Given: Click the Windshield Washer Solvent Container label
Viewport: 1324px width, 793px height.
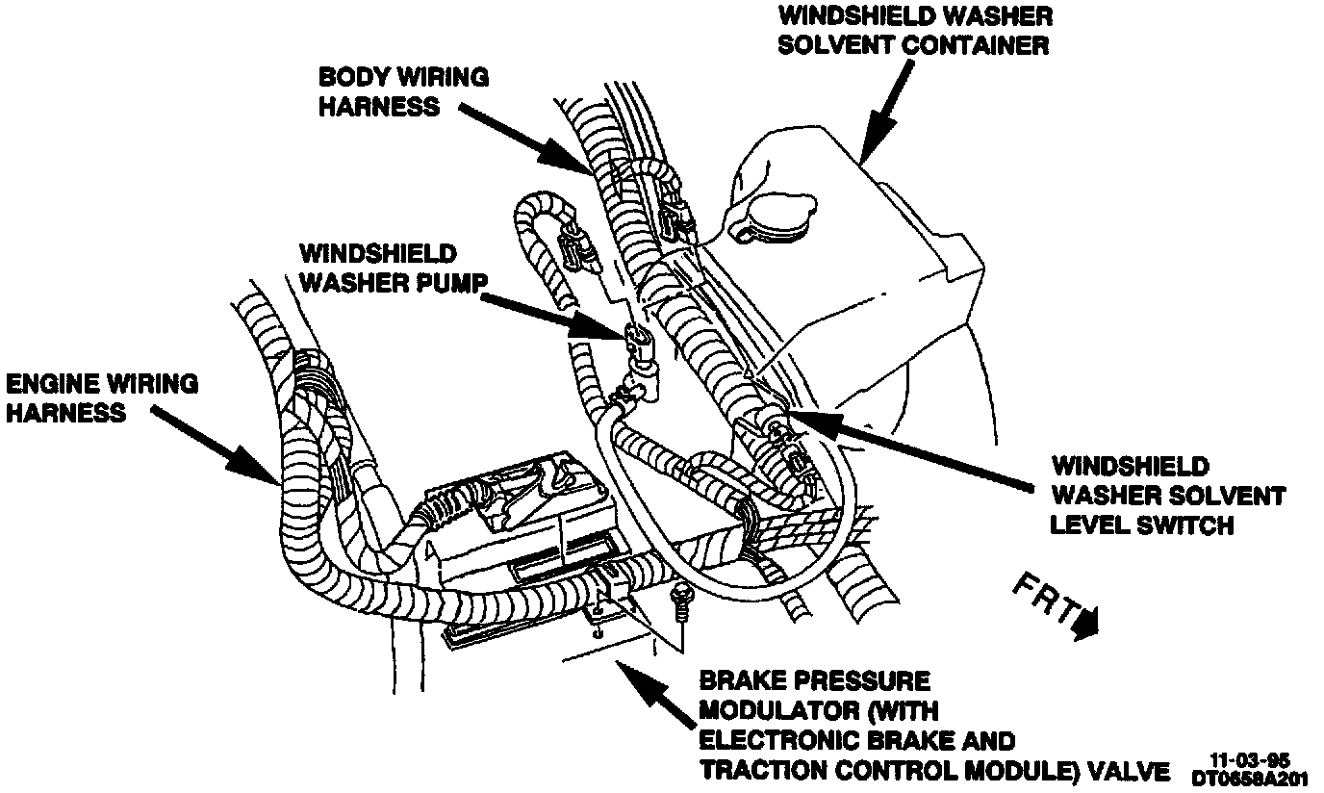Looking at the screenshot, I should click(915, 30).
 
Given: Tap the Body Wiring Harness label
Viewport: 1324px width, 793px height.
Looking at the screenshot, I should click(403, 91).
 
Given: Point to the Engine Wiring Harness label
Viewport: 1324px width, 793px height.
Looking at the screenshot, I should click(101, 397).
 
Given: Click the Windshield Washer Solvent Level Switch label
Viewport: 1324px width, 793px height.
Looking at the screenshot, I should click(1167, 496).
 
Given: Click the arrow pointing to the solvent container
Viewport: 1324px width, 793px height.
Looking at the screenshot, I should click(885, 111).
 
